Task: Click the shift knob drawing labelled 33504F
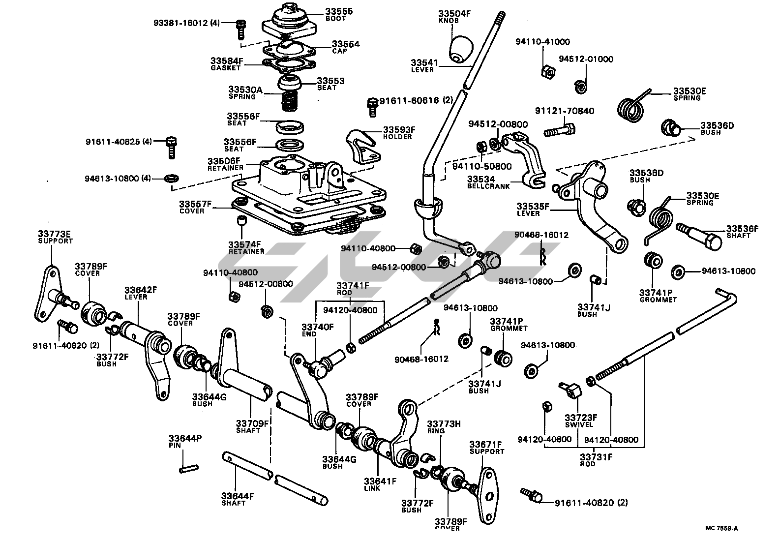coord(460,49)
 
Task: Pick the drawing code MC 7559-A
coord(721,529)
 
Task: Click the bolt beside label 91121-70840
coord(560,131)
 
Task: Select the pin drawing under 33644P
coord(188,469)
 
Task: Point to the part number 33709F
coord(252,423)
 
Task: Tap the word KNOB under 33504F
coord(448,21)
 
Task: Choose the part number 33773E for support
coord(55,234)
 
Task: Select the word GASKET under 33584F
coord(226,68)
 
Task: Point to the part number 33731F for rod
coord(596,456)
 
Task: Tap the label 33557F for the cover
coord(195,204)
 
